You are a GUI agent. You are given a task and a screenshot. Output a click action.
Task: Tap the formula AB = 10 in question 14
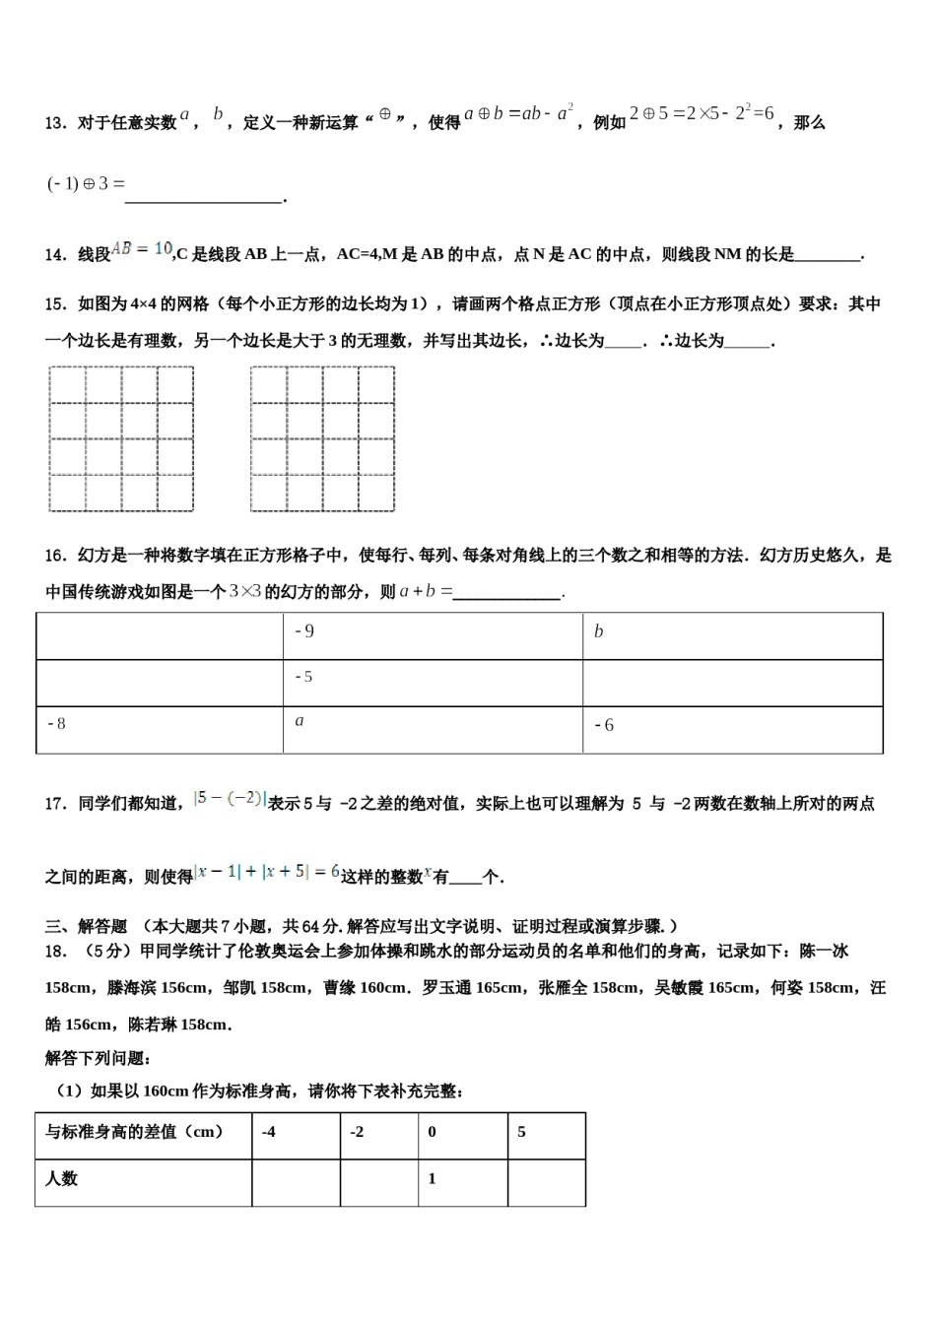pos(143,249)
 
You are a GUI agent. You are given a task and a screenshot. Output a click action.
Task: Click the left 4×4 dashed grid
pos(121,438)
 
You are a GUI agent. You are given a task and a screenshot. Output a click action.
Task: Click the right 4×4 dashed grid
pos(322,438)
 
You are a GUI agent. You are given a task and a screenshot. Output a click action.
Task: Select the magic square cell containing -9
pos(433,635)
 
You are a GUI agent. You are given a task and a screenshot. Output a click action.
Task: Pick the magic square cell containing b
pos(732,635)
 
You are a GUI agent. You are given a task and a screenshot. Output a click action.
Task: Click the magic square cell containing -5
pos(433,682)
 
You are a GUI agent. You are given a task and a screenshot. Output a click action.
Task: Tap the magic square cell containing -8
pos(160,729)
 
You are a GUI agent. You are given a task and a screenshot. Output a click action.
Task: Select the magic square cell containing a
pos(433,729)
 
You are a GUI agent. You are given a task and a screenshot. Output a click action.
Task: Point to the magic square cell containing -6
pos(732,729)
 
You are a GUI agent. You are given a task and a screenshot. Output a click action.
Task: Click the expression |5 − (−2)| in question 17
pos(230,799)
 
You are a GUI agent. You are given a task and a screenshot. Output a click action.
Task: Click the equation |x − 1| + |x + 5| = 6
pos(267,872)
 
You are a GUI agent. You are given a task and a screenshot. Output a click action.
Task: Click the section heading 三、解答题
pos(87,926)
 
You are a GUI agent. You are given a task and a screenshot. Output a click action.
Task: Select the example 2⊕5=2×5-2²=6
pos(702,113)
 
